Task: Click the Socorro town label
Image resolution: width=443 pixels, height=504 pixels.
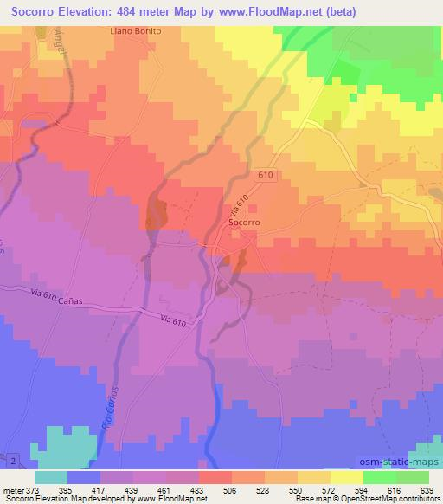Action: click(x=245, y=223)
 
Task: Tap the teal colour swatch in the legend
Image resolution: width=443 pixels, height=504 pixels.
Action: click(x=51, y=477)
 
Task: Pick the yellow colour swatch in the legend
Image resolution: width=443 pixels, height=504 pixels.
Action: click(x=346, y=477)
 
